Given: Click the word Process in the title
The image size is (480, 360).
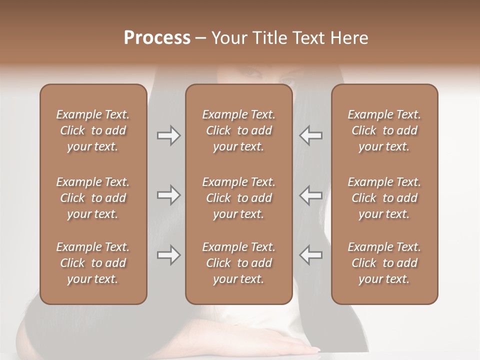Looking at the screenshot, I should click(x=157, y=38).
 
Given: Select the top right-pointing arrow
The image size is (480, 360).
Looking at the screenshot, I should click(x=168, y=135).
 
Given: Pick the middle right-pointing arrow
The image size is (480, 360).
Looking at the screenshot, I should click(x=168, y=195).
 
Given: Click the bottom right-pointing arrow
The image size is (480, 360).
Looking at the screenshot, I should click(x=168, y=255).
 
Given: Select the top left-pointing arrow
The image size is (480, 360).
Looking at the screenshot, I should click(x=311, y=135).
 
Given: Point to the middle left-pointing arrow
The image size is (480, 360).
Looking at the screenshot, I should click(x=311, y=195).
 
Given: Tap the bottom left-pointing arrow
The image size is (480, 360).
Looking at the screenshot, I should click(x=311, y=255).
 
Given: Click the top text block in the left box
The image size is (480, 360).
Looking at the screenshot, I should click(x=93, y=130).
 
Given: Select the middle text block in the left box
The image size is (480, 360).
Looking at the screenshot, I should click(x=93, y=198).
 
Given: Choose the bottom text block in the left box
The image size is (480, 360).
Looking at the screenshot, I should click(x=93, y=263).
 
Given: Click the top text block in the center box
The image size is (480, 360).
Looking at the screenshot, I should click(x=238, y=130).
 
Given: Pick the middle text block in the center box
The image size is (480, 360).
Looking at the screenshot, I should click(x=238, y=198).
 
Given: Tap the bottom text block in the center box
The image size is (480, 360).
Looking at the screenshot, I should click(x=238, y=263).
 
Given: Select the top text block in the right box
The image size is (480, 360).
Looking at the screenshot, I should click(x=384, y=130).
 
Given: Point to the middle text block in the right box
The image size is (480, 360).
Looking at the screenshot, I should click(x=384, y=198).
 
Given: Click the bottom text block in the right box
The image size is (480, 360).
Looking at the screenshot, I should click(x=384, y=263).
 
